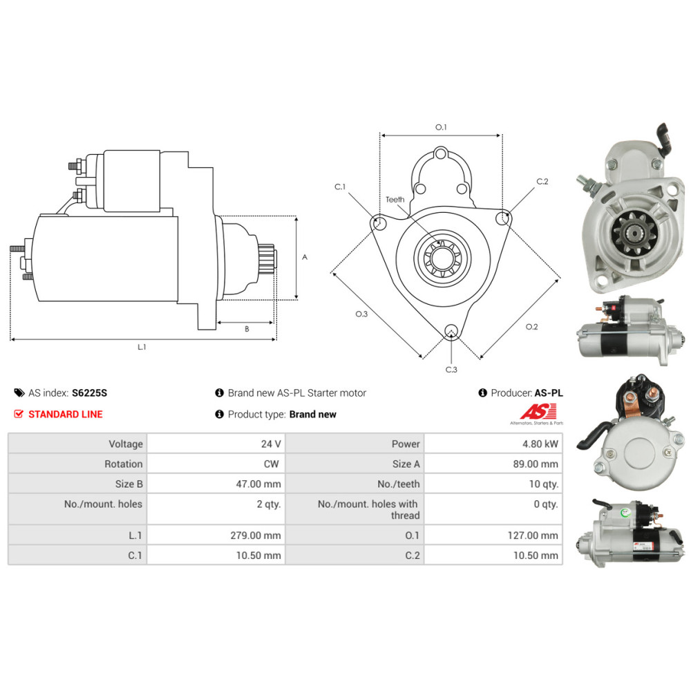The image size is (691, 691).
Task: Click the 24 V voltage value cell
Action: click(x=271, y=444)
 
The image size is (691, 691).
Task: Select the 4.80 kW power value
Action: click(x=540, y=444)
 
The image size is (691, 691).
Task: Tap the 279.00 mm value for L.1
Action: click(x=255, y=536)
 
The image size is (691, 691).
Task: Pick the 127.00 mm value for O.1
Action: click(x=532, y=536)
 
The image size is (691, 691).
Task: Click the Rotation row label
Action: click(x=124, y=464)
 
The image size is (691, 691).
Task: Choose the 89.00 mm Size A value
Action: click(x=536, y=464)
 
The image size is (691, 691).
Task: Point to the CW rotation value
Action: click(x=272, y=464)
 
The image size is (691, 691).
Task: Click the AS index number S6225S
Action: click(x=89, y=392)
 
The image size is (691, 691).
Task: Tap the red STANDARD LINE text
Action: click(x=65, y=414)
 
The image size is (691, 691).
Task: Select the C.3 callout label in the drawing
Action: click(x=451, y=370)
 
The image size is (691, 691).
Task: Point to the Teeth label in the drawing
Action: click(x=395, y=200)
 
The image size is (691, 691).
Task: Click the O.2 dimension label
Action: click(x=531, y=327)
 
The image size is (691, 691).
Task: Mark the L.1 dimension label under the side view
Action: click(x=142, y=348)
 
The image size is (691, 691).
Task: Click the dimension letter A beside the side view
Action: click(x=305, y=257)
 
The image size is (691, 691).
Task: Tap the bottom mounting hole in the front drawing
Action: click(x=451, y=331)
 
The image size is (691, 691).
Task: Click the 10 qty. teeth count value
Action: click(x=543, y=484)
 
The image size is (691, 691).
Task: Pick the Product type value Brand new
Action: click(x=313, y=414)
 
